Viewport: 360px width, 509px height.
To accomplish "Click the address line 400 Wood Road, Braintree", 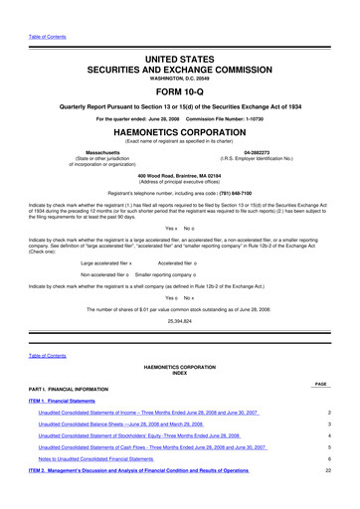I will [x=180, y=174].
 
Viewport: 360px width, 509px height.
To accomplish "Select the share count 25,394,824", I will [x=180, y=322].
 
